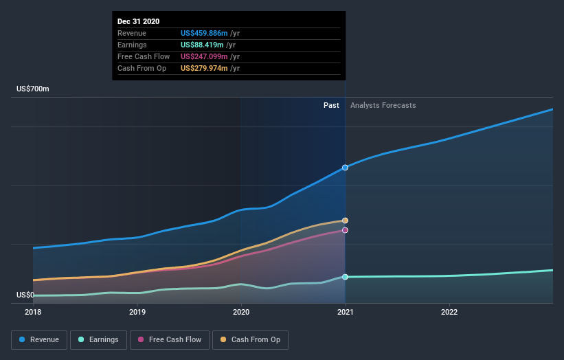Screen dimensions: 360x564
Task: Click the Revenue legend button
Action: (39, 339)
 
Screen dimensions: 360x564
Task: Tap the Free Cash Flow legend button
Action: (170, 339)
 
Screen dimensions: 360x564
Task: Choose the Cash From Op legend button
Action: (251, 339)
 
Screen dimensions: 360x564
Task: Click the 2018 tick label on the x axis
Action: (33, 312)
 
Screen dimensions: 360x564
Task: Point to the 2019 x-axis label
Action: (137, 312)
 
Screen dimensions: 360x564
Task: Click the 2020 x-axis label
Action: (241, 312)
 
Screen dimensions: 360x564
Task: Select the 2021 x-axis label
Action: (345, 312)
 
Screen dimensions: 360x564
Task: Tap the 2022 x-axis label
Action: (449, 312)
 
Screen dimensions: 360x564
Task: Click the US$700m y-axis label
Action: (33, 89)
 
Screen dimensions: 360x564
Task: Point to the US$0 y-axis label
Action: (26, 295)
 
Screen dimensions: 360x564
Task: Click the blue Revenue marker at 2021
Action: (345, 168)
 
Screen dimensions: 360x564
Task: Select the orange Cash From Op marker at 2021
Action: (345, 221)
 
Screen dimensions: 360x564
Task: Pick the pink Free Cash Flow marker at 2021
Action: (345, 230)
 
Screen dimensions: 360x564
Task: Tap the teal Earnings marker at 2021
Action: (345, 277)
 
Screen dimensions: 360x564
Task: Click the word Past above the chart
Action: (331, 106)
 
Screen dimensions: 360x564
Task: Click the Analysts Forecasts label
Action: (383, 106)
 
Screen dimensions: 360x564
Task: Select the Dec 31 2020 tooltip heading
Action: (139, 21)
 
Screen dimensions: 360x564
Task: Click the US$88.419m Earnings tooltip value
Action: (203, 45)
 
